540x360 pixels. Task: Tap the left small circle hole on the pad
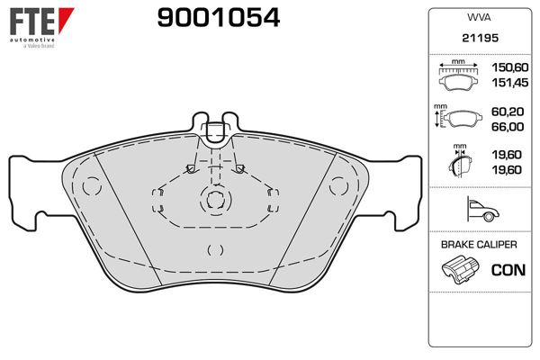tap(89, 186)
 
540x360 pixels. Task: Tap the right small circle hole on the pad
tap(337, 186)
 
